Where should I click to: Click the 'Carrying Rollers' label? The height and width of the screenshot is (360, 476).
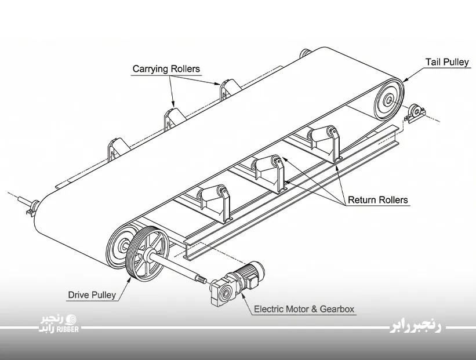click(166, 69)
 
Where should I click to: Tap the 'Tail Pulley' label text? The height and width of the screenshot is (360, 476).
click(447, 62)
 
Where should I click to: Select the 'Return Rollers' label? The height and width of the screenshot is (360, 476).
click(377, 200)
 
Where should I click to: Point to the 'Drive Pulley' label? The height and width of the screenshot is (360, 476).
click(92, 294)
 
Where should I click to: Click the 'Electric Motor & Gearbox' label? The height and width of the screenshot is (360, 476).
click(304, 309)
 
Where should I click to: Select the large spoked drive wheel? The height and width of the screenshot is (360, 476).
click(147, 254)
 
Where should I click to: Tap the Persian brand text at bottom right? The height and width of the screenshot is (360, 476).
click(416, 327)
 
